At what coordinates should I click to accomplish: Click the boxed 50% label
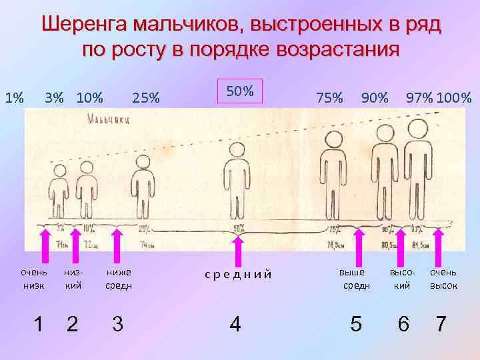point(240,91)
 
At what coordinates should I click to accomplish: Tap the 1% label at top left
point(15,99)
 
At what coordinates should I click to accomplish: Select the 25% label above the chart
point(146,99)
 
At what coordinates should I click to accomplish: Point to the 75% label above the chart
point(329,99)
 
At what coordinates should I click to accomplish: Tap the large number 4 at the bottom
point(235,324)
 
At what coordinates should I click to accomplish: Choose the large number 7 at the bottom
point(441,324)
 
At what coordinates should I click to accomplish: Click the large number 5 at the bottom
point(356,324)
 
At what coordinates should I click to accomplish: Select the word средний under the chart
point(238,273)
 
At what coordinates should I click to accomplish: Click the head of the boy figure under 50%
point(235,150)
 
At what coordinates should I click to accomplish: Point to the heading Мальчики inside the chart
point(107,119)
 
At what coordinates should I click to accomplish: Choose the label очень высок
point(443,279)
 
